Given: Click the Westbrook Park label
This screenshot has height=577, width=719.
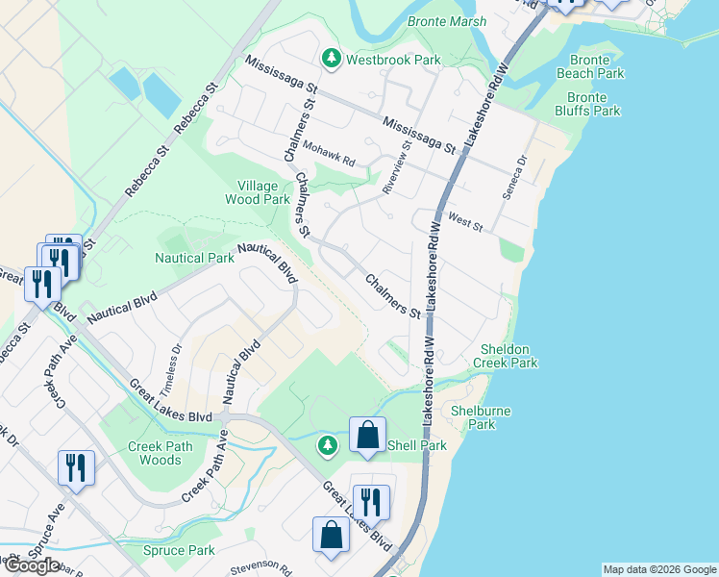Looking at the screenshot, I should click(393, 60).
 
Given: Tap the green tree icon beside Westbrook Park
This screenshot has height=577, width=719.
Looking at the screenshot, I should click(331, 60).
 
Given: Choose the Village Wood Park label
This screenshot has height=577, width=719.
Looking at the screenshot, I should click(257, 192).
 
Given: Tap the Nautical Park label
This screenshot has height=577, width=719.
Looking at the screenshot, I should click(194, 258).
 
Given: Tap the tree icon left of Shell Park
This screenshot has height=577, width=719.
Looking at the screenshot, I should click(328, 445).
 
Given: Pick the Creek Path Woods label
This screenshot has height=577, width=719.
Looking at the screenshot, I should click(160, 453).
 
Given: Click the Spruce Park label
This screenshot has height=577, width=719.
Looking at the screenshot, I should click(179, 551).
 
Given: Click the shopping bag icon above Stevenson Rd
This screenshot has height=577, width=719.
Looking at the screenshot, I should click(331, 537).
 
